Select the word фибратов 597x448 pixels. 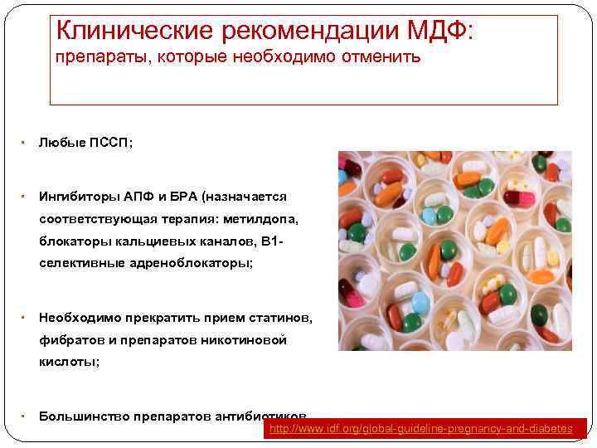pyautogui.click(x=69, y=340)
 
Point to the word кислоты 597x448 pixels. pyautogui.click(x=68, y=362)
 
